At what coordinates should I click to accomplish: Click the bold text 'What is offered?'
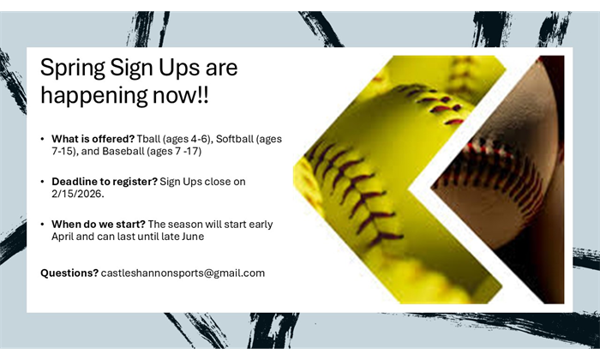click(x=92, y=138)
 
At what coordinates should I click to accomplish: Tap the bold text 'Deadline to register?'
click(x=104, y=181)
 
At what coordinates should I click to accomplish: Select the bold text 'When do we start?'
click(x=97, y=224)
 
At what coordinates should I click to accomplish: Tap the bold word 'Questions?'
click(x=69, y=273)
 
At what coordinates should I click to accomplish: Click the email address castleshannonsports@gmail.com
click(x=183, y=273)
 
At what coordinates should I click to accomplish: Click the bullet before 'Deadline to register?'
click(x=42, y=182)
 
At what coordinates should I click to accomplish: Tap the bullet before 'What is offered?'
click(x=42, y=139)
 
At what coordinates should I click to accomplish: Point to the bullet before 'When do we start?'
click(x=42, y=225)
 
